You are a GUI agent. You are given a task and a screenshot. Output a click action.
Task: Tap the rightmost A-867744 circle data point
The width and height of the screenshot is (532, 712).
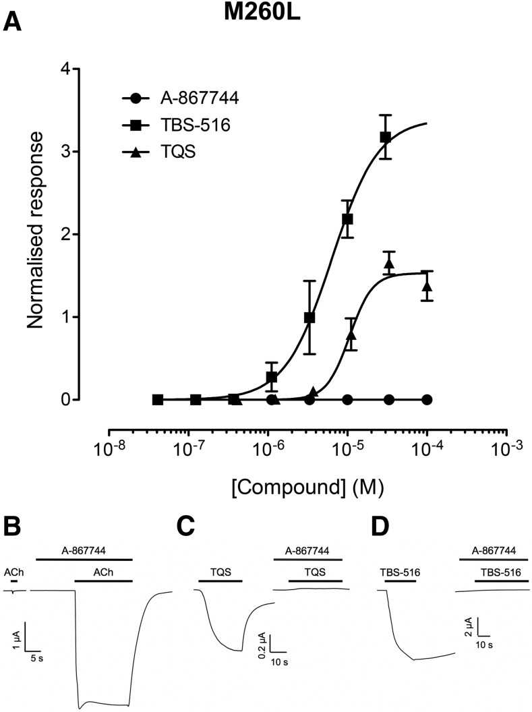point(426,399)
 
